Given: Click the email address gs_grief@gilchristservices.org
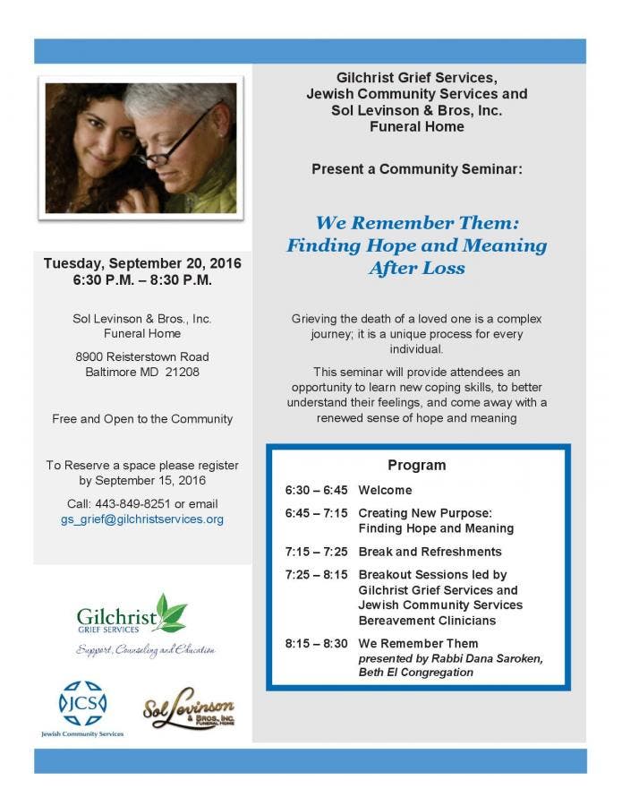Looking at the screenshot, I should point(141,519).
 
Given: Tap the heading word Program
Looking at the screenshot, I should point(416,465).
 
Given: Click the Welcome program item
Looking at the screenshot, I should point(385,490).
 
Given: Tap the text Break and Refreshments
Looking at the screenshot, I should point(430,552).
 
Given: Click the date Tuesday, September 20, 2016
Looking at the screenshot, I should point(142,264).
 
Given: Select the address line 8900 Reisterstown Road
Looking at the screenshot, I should point(142,356).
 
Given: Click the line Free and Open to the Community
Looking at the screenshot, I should point(142,418).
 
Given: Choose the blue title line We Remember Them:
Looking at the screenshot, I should point(417,222).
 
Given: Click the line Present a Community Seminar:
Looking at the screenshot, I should point(417,168).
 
